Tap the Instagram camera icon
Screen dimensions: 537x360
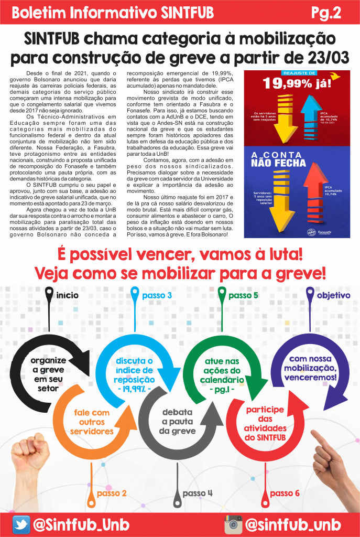coord(234,524)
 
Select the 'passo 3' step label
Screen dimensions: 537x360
coord(157,295)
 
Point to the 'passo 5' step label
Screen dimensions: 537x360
coord(243,295)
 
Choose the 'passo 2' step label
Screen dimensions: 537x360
coord(112,493)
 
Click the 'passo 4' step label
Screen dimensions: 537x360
coord(198,493)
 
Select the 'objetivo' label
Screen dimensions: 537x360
coord(333,295)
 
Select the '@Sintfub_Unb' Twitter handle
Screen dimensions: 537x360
coord(81,524)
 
